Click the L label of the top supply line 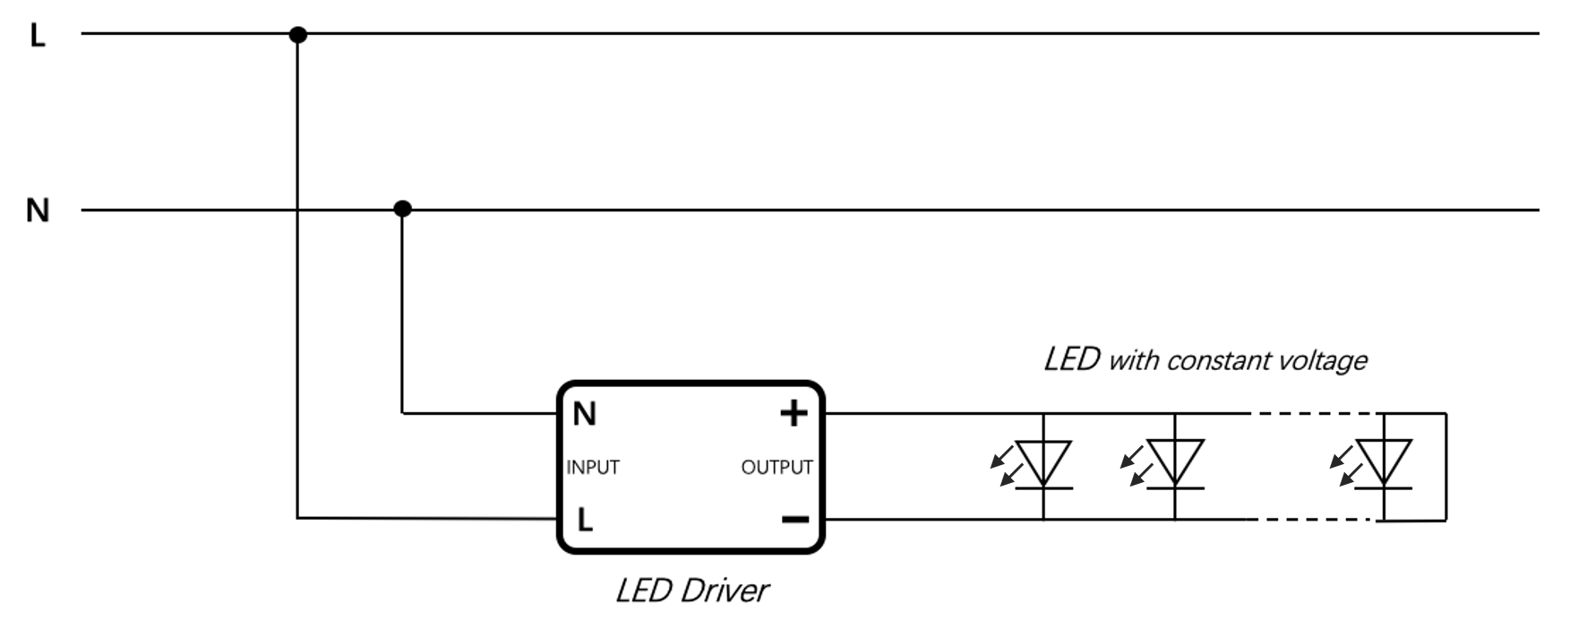click(38, 36)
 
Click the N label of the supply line click(38, 211)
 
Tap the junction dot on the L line click(298, 35)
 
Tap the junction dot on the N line click(403, 209)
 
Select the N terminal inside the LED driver click(584, 414)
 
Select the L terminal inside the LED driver click(585, 520)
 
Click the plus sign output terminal click(793, 413)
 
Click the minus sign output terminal click(795, 520)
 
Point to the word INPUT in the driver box click(593, 467)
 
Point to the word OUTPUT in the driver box click(776, 467)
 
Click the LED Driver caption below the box click(692, 590)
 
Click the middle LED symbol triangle click(1175, 462)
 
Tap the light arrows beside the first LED click(1006, 464)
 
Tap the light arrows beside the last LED click(1346, 464)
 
